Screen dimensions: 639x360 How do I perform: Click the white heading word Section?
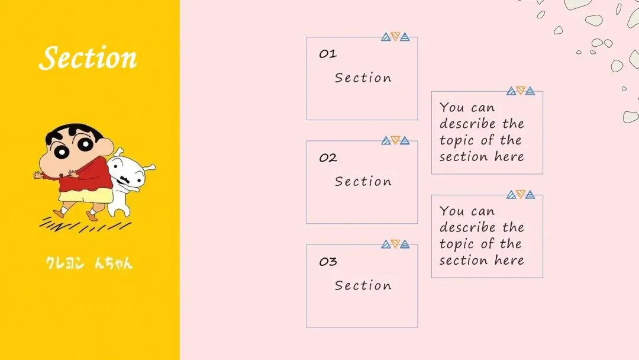click(88, 58)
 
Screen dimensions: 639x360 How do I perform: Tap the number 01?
click(328, 54)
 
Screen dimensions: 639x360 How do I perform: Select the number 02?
click(328, 158)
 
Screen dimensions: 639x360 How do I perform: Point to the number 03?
click(328, 262)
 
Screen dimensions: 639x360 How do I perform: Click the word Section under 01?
click(363, 78)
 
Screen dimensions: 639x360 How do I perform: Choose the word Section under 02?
click(363, 182)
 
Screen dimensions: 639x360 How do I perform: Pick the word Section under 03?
click(363, 285)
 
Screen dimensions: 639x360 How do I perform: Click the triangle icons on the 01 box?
click(395, 37)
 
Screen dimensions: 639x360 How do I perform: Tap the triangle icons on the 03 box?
click(395, 244)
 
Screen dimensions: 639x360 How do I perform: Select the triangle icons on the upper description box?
click(521, 91)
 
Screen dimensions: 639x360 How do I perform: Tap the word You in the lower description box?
click(452, 211)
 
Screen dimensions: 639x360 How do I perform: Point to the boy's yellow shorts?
click(86, 196)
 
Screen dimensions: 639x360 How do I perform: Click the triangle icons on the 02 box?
click(395, 140)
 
